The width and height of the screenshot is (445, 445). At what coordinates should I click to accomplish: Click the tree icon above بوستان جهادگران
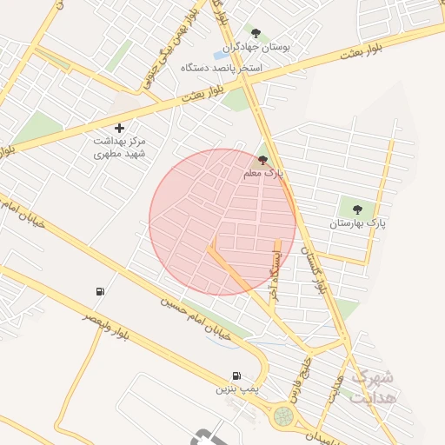256,33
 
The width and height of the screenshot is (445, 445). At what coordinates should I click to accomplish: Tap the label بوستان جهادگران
256,47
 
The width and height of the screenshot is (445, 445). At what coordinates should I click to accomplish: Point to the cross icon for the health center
120,128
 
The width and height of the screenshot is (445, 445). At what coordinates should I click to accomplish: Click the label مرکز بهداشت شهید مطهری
120,147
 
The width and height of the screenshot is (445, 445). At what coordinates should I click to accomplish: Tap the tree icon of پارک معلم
263,160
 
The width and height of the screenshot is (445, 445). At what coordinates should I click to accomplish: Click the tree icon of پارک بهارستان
356,209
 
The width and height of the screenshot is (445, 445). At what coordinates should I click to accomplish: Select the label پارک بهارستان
356,223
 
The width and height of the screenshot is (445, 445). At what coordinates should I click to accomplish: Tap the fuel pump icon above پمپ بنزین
236,375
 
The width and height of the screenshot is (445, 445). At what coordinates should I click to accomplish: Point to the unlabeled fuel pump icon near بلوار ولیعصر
102,291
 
